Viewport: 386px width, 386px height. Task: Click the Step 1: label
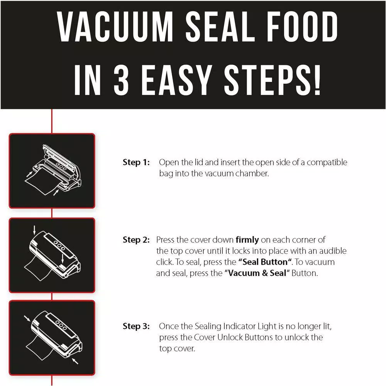(x=136, y=163)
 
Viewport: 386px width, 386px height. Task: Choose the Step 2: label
(x=136, y=240)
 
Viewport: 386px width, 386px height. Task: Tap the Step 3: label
(x=136, y=327)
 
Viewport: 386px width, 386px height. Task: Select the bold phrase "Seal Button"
(x=264, y=262)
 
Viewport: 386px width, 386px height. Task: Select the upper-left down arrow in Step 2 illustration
(x=35, y=230)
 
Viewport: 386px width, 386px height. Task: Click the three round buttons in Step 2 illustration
(x=59, y=245)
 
